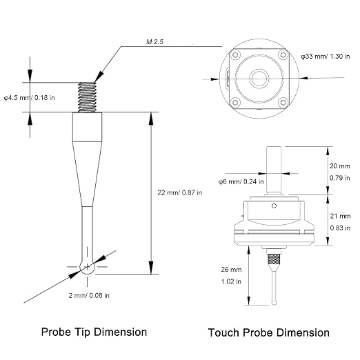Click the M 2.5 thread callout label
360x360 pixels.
click(x=154, y=42)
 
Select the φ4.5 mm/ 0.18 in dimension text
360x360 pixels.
click(x=30, y=98)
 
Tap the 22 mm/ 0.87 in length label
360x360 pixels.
click(x=180, y=192)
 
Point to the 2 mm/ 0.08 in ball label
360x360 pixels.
click(x=89, y=295)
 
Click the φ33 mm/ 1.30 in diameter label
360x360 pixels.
click(x=326, y=57)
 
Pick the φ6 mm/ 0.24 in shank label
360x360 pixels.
click(x=241, y=182)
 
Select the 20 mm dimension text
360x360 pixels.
click(x=340, y=166)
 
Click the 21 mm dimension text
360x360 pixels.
click(x=340, y=216)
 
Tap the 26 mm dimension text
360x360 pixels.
click(x=231, y=270)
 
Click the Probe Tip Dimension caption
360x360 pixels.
click(x=94, y=332)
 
